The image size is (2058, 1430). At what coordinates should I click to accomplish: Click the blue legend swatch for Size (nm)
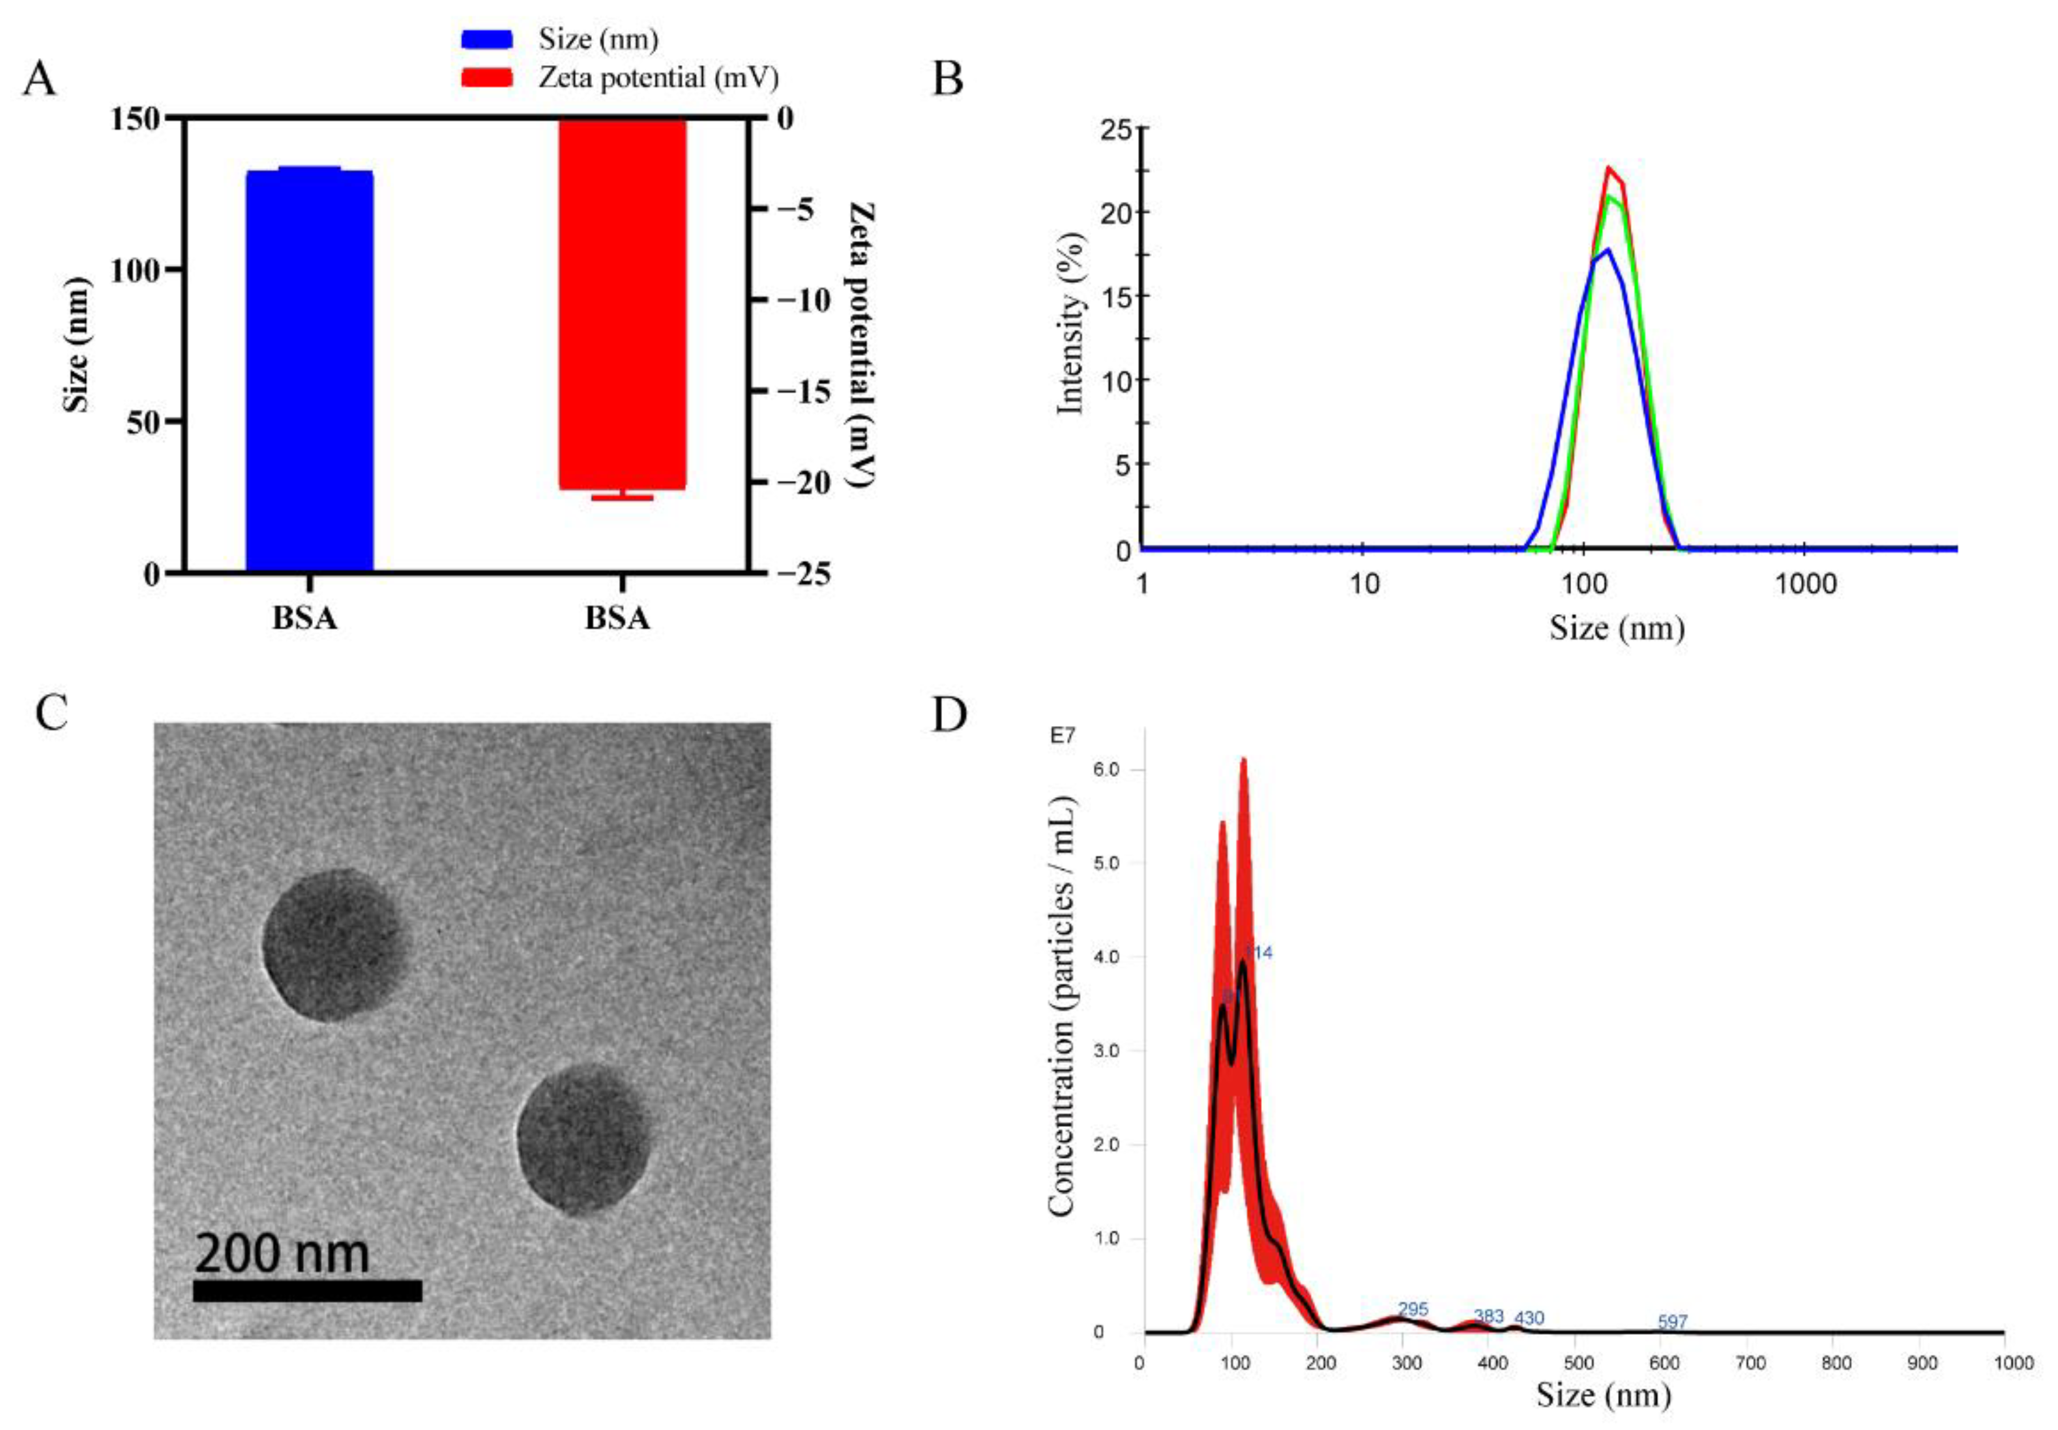pyautogui.click(x=486, y=38)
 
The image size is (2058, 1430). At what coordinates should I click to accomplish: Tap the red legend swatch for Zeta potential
pyautogui.click(x=486, y=78)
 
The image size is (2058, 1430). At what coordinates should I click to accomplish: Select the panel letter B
pyautogui.click(x=947, y=80)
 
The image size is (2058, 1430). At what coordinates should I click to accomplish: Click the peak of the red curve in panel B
pyautogui.click(x=1608, y=168)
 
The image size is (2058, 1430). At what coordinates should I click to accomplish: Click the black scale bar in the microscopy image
pyautogui.click(x=306, y=1291)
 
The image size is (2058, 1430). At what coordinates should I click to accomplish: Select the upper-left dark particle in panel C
pyautogui.click(x=332, y=945)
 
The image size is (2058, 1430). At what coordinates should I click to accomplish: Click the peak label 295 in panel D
pyautogui.click(x=1412, y=1310)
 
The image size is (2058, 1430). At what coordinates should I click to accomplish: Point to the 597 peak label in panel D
pyautogui.click(x=1672, y=1322)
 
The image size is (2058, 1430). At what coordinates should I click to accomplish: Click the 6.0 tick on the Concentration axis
pyautogui.click(x=1110, y=770)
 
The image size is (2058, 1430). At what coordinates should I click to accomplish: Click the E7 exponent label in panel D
pyautogui.click(x=1063, y=736)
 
